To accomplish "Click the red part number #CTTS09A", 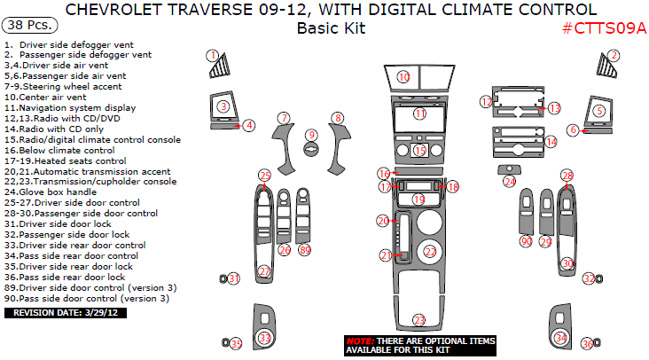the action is (604, 28).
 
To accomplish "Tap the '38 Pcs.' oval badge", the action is (30, 25).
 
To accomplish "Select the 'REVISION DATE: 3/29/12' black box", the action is (66, 313).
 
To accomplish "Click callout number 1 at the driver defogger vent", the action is (213, 56).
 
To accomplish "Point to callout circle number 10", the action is (403, 76).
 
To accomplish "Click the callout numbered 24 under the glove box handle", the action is (510, 181).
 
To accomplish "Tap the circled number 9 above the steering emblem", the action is (312, 135).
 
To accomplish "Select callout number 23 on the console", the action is (419, 320).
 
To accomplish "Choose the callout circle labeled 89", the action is (305, 250).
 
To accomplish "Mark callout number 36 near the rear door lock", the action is (587, 344).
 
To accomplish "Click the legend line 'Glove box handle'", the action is (51, 192).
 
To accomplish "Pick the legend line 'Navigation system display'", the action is (70, 107).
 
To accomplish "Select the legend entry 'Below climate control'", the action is (59, 150).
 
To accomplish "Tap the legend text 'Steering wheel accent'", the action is (63, 87).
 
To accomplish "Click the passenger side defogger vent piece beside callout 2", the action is (606, 67).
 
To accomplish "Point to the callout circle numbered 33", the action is (265, 338).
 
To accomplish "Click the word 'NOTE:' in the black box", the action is (361, 341).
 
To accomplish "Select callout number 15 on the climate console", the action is (419, 150).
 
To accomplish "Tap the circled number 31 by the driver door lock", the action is (234, 278).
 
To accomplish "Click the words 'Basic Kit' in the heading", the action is (331, 28).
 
